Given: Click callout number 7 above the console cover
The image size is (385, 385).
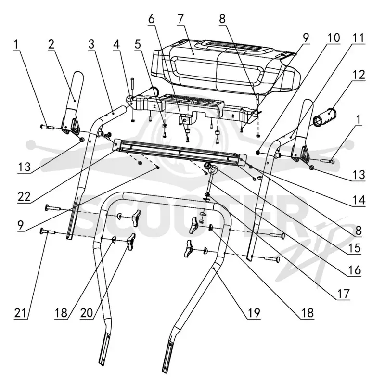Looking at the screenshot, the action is click(x=181, y=19).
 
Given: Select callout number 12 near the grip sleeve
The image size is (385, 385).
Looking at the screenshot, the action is click(x=359, y=75).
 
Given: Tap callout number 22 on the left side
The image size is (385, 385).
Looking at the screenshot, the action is click(x=24, y=197).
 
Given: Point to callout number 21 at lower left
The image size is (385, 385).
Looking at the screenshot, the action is click(x=21, y=313).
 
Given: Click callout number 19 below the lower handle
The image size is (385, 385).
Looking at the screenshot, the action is click(x=254, y=313).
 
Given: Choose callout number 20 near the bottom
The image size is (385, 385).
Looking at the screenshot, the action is click(x=87, y=313).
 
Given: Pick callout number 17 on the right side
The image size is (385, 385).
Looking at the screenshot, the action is click(x=343, y=294).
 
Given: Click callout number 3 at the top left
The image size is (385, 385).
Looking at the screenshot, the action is click(x=91, y=44).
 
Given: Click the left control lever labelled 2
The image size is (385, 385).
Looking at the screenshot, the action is click(x=73, y=103).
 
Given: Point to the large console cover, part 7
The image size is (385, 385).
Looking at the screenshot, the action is click(x=226, y=66).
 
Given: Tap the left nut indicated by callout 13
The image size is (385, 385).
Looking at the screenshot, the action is click(x=81, y=140).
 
